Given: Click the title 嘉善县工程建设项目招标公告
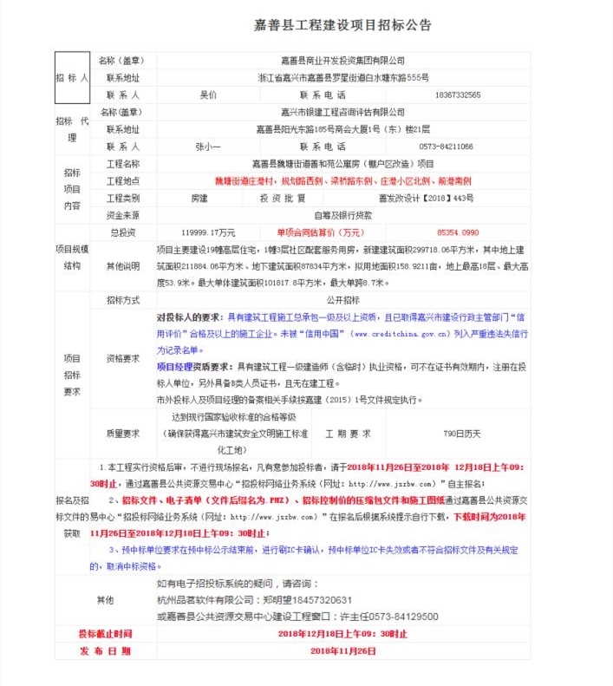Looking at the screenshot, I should click(x=344, y=25).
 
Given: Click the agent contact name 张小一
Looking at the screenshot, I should click(x=208, y=147).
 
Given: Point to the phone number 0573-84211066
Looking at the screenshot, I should click(x=446, y=147).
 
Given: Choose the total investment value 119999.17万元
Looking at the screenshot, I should click(x=208, y=232).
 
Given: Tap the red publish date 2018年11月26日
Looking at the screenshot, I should click(x=342, y=650).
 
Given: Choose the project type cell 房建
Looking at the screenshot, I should click(x=199, y=198).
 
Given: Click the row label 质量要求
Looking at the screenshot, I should click(x=122, y=432).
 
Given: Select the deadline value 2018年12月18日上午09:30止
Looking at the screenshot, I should click(x=342, y=634).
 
